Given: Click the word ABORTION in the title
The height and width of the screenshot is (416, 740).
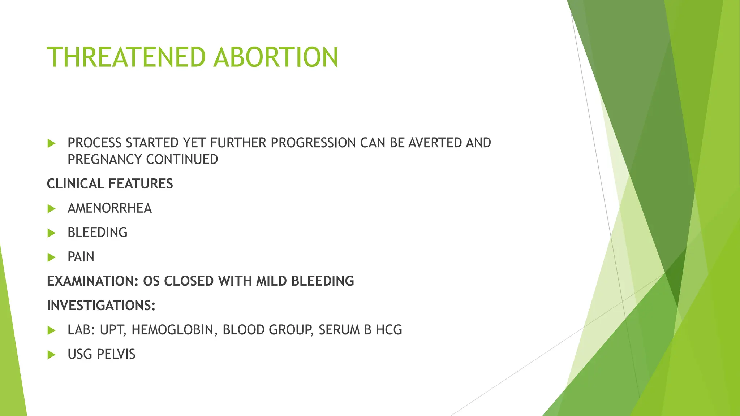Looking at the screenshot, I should pyautogui.click(x=276, y=57).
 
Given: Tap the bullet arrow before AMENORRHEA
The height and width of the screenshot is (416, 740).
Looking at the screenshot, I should pyautogui.click(x=51, y=209).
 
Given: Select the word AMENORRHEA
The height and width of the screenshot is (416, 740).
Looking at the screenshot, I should pyautogui.click(x=109, y=208).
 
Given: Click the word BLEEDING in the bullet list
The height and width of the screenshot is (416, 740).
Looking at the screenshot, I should pyautogui.click(x=98, y=233).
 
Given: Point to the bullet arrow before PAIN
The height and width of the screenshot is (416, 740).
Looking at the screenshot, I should pyautogui.click(x=51, y=257).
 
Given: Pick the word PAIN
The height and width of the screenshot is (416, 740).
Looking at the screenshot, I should pyautogui.click(x=81, y=257).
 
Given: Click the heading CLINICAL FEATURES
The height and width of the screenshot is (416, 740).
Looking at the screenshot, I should pyautogui.click(x=110, y=184).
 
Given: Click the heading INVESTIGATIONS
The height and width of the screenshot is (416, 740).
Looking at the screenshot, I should pyautogui.click(x=101, y=305).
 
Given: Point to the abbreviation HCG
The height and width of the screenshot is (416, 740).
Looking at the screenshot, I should pyautogui.click(x=389, y=330).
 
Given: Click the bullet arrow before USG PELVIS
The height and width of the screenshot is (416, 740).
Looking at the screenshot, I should pyautogui.click(x=51, y=355).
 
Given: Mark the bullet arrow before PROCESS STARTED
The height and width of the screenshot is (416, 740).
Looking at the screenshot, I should pyautogui.click(x=51, y=144).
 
